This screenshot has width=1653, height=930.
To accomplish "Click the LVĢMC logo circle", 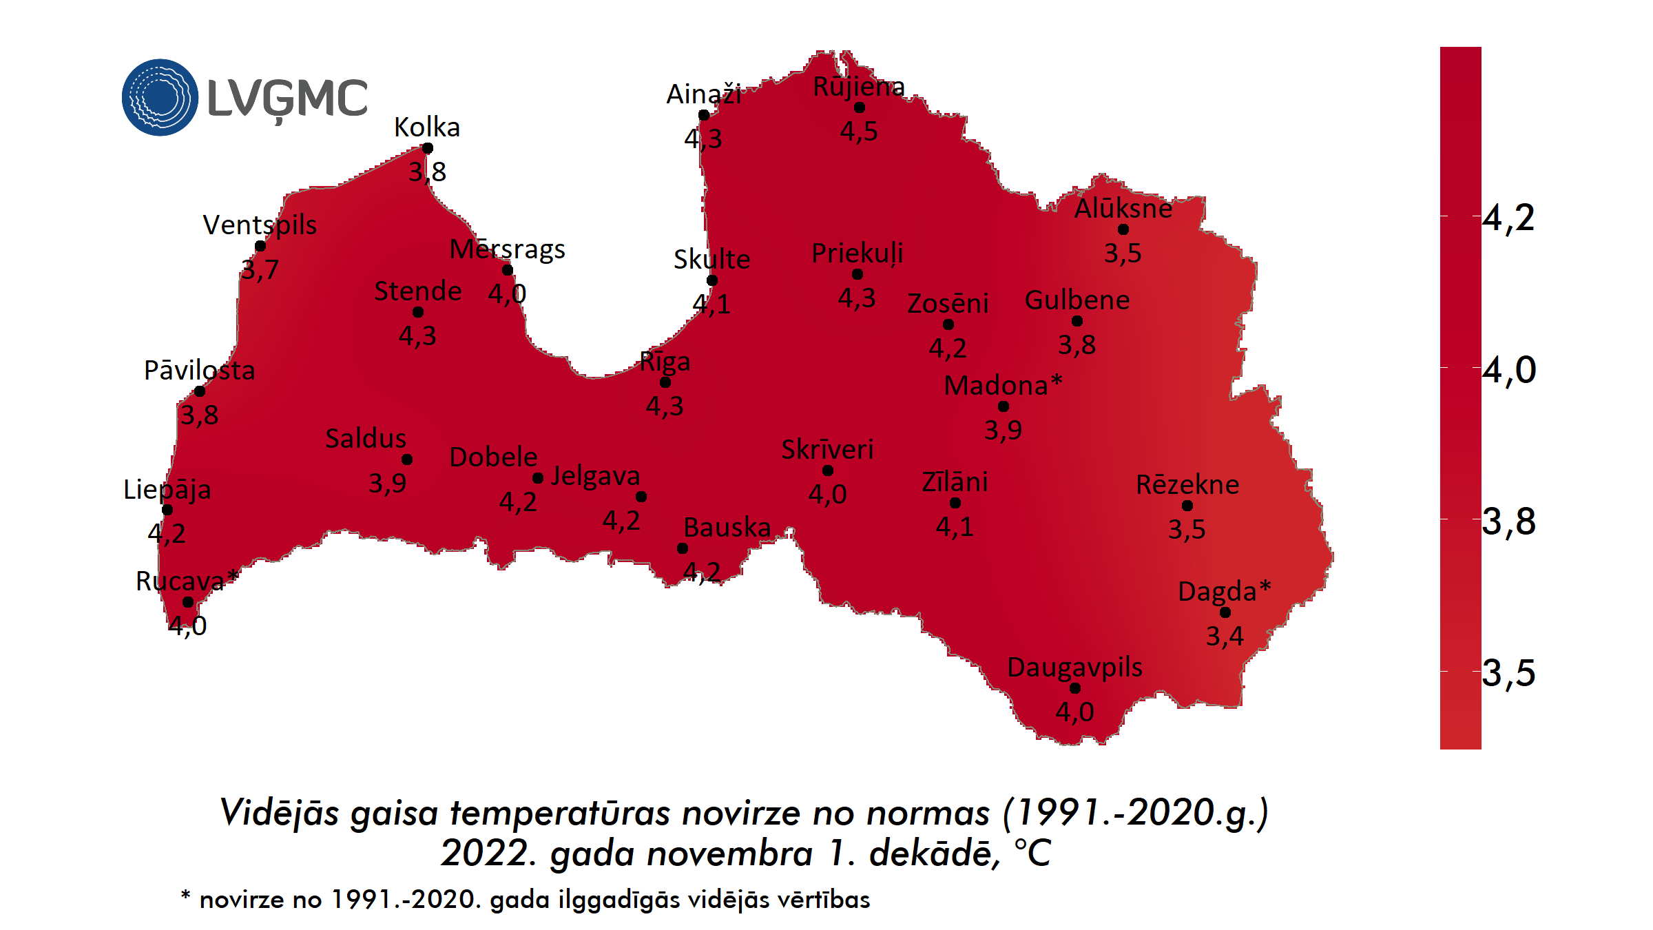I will point(160,97).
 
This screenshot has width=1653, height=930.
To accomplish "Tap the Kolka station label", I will point(426,127).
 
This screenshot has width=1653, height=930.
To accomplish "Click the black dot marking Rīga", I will point(665,382).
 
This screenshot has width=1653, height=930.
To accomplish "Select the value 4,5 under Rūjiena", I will point(859,131).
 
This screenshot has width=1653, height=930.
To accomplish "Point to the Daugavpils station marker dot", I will point(1074,688).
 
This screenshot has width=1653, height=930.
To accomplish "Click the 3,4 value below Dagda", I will point(1225,636).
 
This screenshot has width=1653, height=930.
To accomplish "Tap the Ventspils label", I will point(260,225).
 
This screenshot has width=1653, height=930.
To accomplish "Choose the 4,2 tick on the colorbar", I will point(1508,218).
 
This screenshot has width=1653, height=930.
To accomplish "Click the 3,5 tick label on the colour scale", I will point(1508,672).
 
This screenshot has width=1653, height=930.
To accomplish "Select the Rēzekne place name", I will point(1187,485).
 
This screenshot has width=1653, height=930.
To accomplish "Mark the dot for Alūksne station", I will point(1123,229).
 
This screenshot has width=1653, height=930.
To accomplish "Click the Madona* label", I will point(1002,386).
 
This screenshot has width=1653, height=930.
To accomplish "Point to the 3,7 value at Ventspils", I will point(260,269).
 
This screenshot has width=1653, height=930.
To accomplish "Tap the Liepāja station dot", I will point(167,510).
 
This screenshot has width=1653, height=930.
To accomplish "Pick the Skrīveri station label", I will point(827,450).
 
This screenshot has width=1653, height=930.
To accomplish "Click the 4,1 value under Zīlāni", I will point(955,527).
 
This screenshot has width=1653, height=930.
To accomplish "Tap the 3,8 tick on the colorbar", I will point(1508,521).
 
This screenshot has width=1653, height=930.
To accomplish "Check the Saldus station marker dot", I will point(407,459).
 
